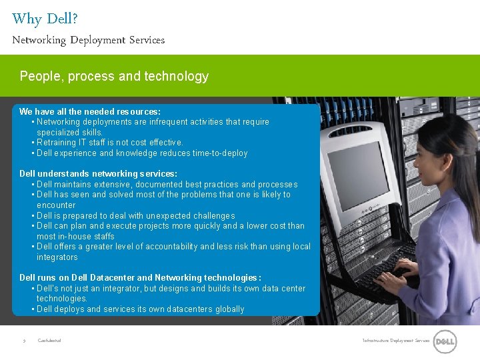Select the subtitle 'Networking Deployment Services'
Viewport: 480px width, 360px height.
point(88,40)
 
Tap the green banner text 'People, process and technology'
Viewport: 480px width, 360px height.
point(114,76)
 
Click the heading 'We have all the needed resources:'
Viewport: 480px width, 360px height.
point(90,111)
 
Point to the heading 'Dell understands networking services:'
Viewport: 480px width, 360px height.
point(98,173)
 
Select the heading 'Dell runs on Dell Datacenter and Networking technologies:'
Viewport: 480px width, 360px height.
point(140,277)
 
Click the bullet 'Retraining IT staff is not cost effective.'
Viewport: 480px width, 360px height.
point(110,143)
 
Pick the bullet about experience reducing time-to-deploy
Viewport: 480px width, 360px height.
point(142,153)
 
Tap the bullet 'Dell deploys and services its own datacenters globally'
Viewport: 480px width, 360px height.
point(141,309)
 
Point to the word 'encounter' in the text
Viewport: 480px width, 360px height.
point(56,205)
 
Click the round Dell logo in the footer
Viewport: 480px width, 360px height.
point(445,342)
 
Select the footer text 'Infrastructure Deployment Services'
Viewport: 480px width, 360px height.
point(396,341)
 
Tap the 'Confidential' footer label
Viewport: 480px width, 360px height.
point(49,341)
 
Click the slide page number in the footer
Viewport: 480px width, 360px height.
point(24,341)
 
